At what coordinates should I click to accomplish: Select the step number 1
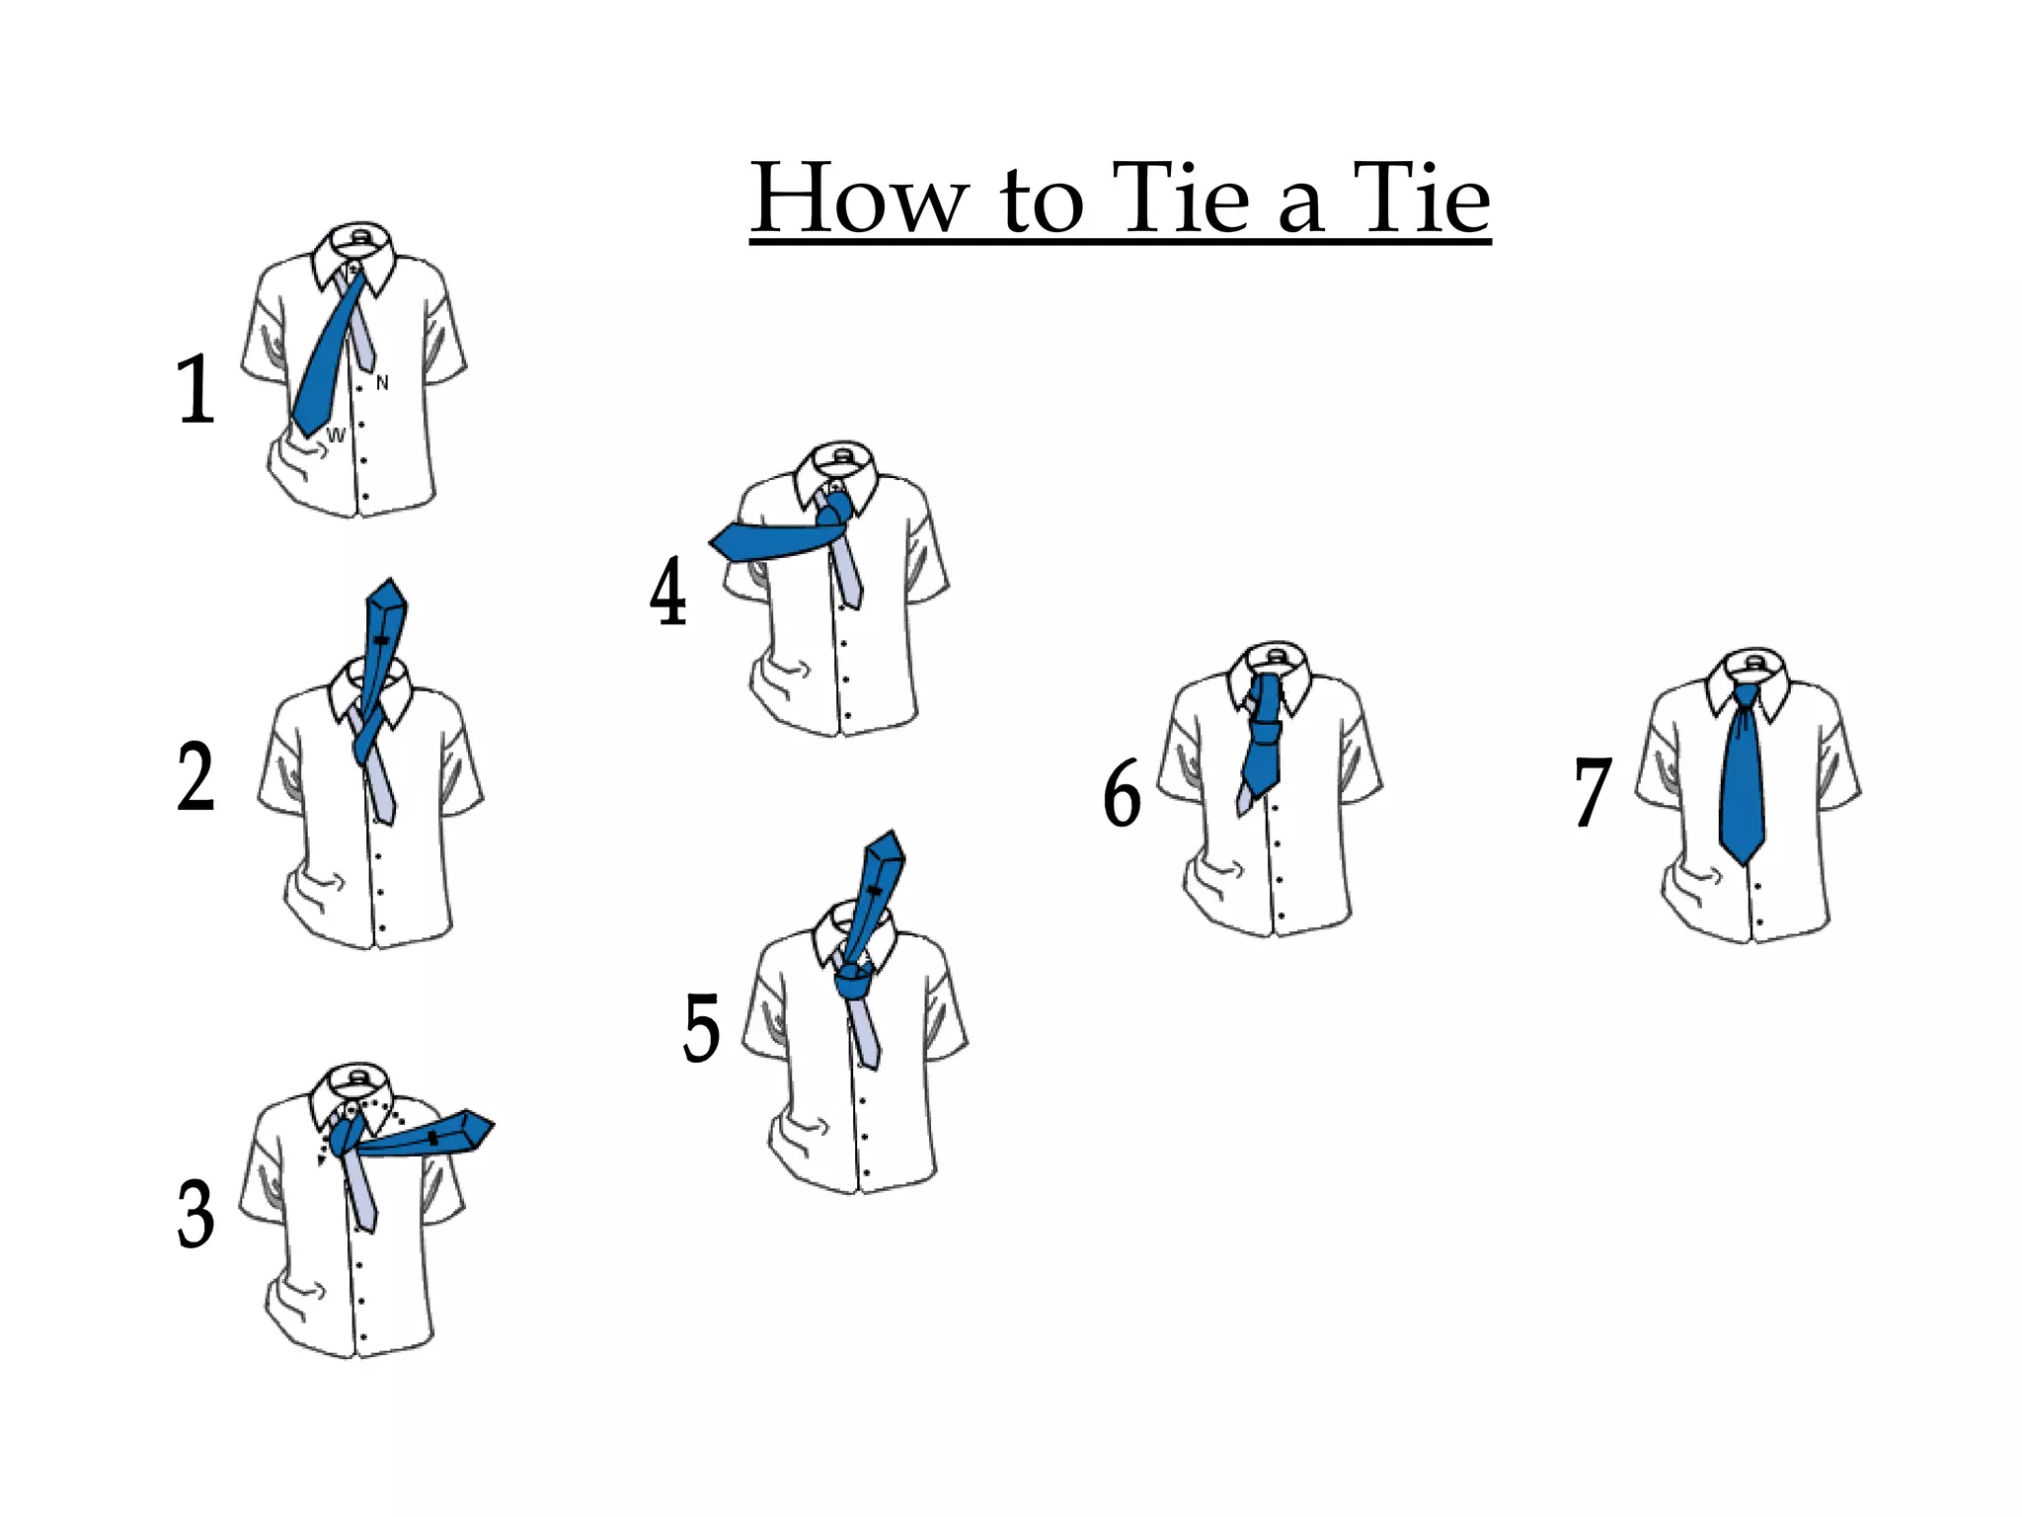pyautogui.click(x=195, y=389)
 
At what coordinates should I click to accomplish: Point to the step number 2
pyautogui.click(x=195, y=777)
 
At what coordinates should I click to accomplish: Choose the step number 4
pyautogui.click(x=668, y=592)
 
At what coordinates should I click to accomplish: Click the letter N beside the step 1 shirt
pyautogui.click(x=382, y=383)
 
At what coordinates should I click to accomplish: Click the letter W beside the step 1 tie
pyautogui.click(x=337, y=436)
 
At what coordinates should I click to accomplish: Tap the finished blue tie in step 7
pyautogui.click(x=1742, y=790)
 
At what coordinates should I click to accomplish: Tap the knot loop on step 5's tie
pyautogui.click(x=853, y=985)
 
